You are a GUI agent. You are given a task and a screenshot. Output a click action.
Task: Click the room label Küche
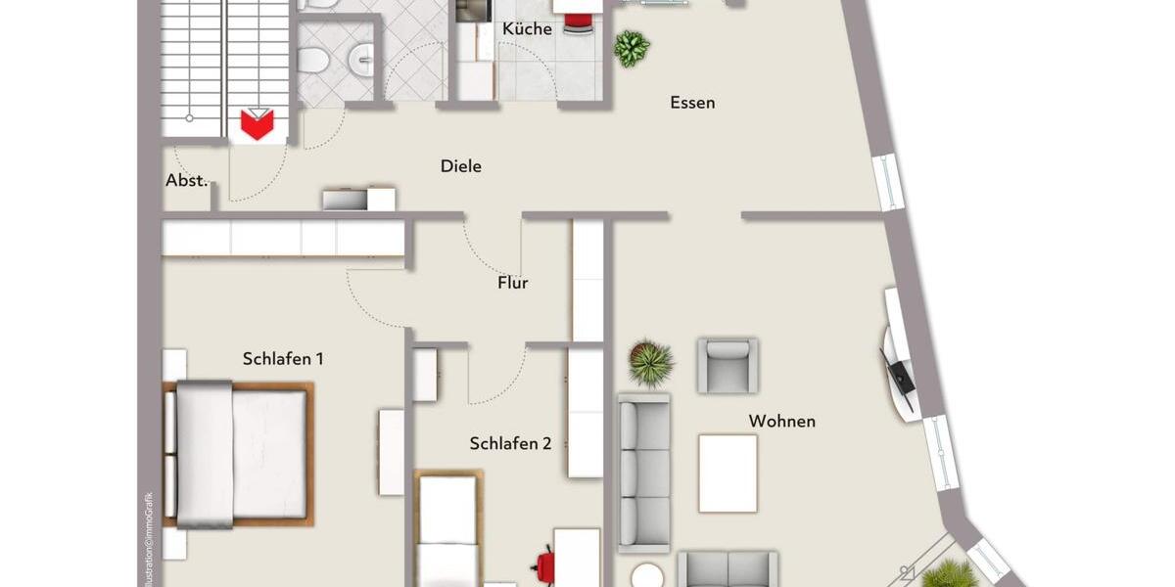click(x=527, y=29)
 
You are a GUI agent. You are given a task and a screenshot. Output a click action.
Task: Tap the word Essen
click(x=692, y=103)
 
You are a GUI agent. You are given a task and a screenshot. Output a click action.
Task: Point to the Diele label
click(x=460, y=166)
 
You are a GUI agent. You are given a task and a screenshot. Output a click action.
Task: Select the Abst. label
click(x=186, y=181)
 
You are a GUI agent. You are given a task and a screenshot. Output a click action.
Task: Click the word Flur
click(x=512, y=283)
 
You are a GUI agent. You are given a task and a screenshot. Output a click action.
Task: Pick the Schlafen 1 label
click(x=283, y=359)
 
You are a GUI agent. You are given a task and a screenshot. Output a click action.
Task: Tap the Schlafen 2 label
click(x=510, y=443)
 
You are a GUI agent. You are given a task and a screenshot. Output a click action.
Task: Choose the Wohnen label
click(x=781, y=422)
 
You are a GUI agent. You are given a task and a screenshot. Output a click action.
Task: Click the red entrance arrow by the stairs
click(x=258, y=124)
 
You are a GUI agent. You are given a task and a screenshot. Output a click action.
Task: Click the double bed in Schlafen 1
click(x=238, y=454)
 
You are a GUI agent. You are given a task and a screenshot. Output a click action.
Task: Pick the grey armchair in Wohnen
click(x=727, y=365)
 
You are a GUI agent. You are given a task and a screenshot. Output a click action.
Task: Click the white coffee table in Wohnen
click(x=728, y=474)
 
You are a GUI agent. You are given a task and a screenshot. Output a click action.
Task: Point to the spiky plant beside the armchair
click(x=651, y=362)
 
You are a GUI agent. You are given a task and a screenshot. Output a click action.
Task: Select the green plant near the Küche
click(x=632, y=47)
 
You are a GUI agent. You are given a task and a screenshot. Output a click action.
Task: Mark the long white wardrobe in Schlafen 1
click(x=283, y=238)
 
